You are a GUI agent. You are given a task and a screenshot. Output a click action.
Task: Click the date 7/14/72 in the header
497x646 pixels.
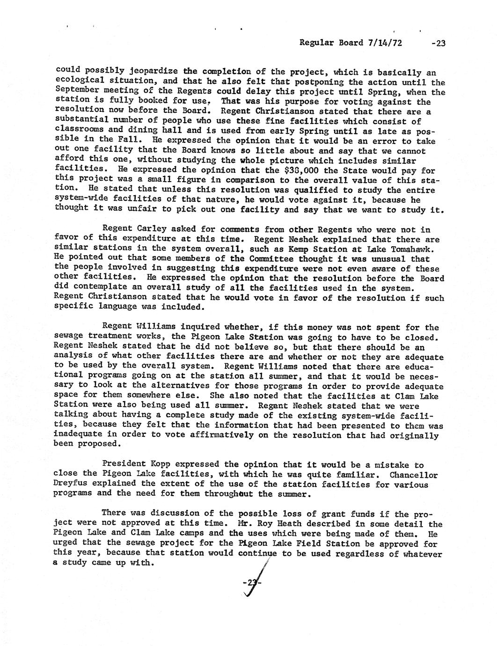pos(385,43)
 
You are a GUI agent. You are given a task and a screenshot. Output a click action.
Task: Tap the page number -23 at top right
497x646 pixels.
pos(439,44)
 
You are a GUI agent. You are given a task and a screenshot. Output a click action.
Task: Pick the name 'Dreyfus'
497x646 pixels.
pos(72,484)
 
